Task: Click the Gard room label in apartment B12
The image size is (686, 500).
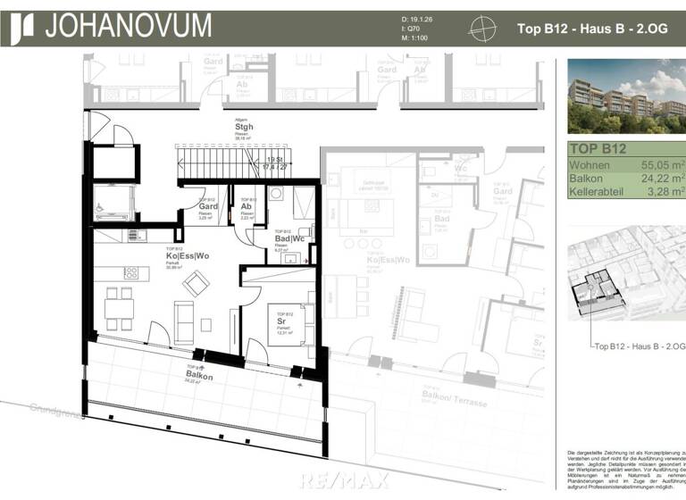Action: click(x=197, y=206)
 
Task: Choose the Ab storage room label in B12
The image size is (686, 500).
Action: click(x=246, y=206)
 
